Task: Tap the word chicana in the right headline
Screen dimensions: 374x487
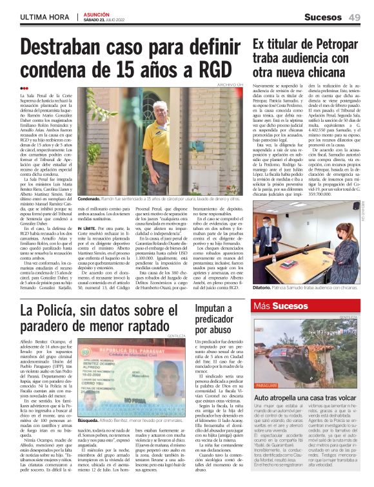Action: [329, 71]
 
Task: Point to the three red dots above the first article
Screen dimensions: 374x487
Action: [24, 88]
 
